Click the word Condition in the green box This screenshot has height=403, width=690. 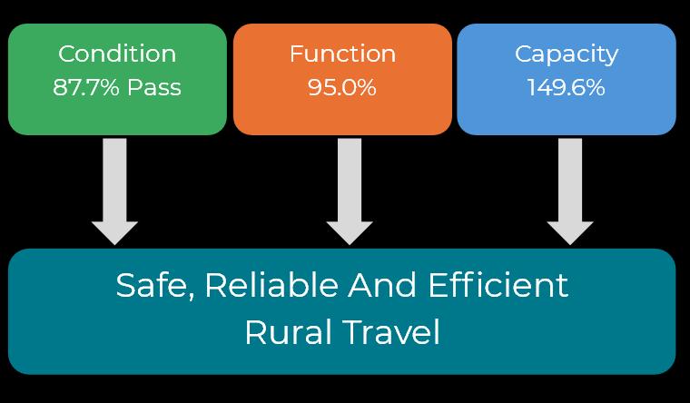tap(117, 54)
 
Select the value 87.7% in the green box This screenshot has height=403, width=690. tap(87, 88)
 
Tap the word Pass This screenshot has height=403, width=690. tap(153, 88)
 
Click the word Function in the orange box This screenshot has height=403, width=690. tap(342, 54)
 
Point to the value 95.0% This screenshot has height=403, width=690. tap(342, 88)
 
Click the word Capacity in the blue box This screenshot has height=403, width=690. tap(567, 54)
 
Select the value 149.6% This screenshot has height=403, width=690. tap(567, 88)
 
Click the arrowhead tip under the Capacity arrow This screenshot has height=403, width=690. tap(570, 242)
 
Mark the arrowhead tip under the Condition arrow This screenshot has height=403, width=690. tap(114, 242)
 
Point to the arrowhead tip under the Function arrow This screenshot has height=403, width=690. tap(350, 242)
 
